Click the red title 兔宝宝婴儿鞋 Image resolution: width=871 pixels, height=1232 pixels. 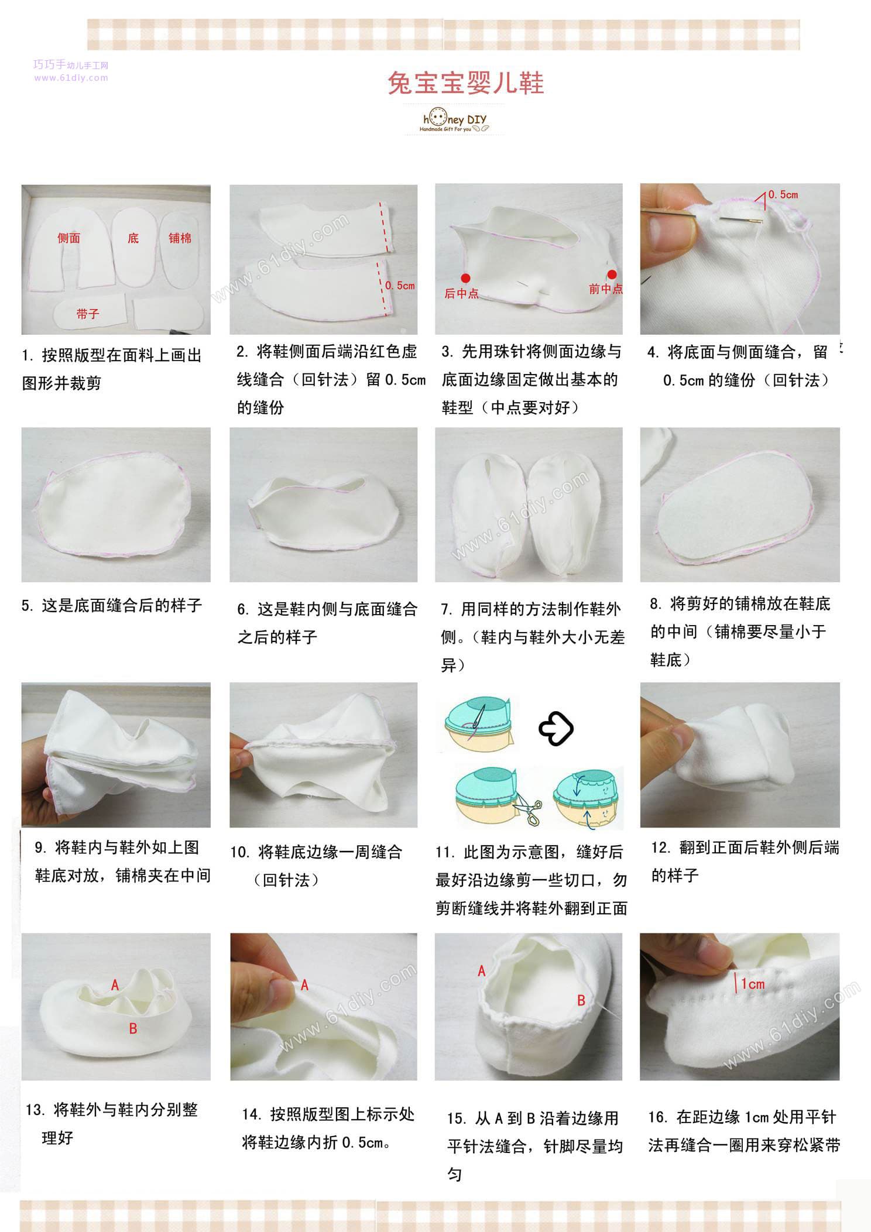coord(466,83)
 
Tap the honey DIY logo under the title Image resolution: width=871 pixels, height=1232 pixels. coord(454,121)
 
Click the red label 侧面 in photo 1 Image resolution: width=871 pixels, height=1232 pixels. coord(69,238)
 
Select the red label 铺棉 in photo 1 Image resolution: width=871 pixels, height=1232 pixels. coord(180,238)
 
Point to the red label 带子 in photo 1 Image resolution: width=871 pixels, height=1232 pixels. coord(88,314)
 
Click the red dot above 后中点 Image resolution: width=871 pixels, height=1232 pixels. coord(466,278)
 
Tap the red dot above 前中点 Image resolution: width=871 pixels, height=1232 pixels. coord(612,274)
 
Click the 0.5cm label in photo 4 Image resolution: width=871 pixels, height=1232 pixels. coord(783,194)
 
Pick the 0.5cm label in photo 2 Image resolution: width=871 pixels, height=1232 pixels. coord(400,286)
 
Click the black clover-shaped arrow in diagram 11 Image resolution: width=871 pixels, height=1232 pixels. coord(556,728)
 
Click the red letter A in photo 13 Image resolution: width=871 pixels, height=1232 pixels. coord(115,986)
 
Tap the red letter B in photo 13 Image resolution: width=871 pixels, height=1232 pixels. coord(133,1028)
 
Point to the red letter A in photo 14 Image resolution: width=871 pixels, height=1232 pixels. coord(304,986)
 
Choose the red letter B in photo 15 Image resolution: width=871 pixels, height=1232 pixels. coord(581,1000)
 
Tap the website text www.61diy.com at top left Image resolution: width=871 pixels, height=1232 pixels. coord(71,78)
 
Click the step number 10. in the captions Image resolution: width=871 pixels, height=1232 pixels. coord(241,852)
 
